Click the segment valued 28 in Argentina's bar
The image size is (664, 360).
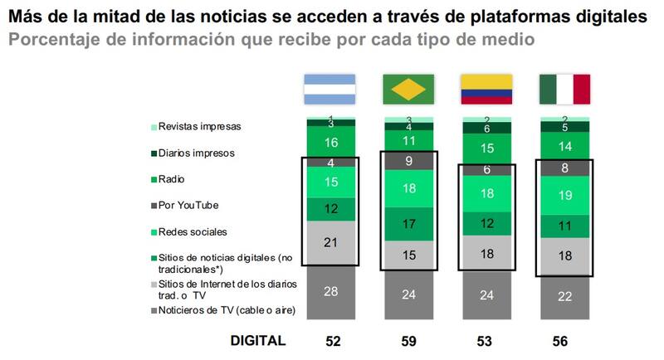coord(330,292)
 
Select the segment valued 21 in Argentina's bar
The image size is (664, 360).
coord(330,242)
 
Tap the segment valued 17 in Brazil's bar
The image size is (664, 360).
coord(408,223)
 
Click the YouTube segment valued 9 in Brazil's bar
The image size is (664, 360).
coord(408,163)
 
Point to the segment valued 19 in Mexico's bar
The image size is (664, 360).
coord(565,196)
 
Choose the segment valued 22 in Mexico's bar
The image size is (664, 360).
coord(565,297)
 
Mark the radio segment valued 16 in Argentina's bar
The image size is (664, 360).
coord(330,142)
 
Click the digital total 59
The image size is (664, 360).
coord(408,340)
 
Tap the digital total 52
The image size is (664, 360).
coord(330,340)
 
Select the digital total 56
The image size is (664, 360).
coord(565,340)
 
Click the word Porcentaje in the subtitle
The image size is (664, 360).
coord(56,39)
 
